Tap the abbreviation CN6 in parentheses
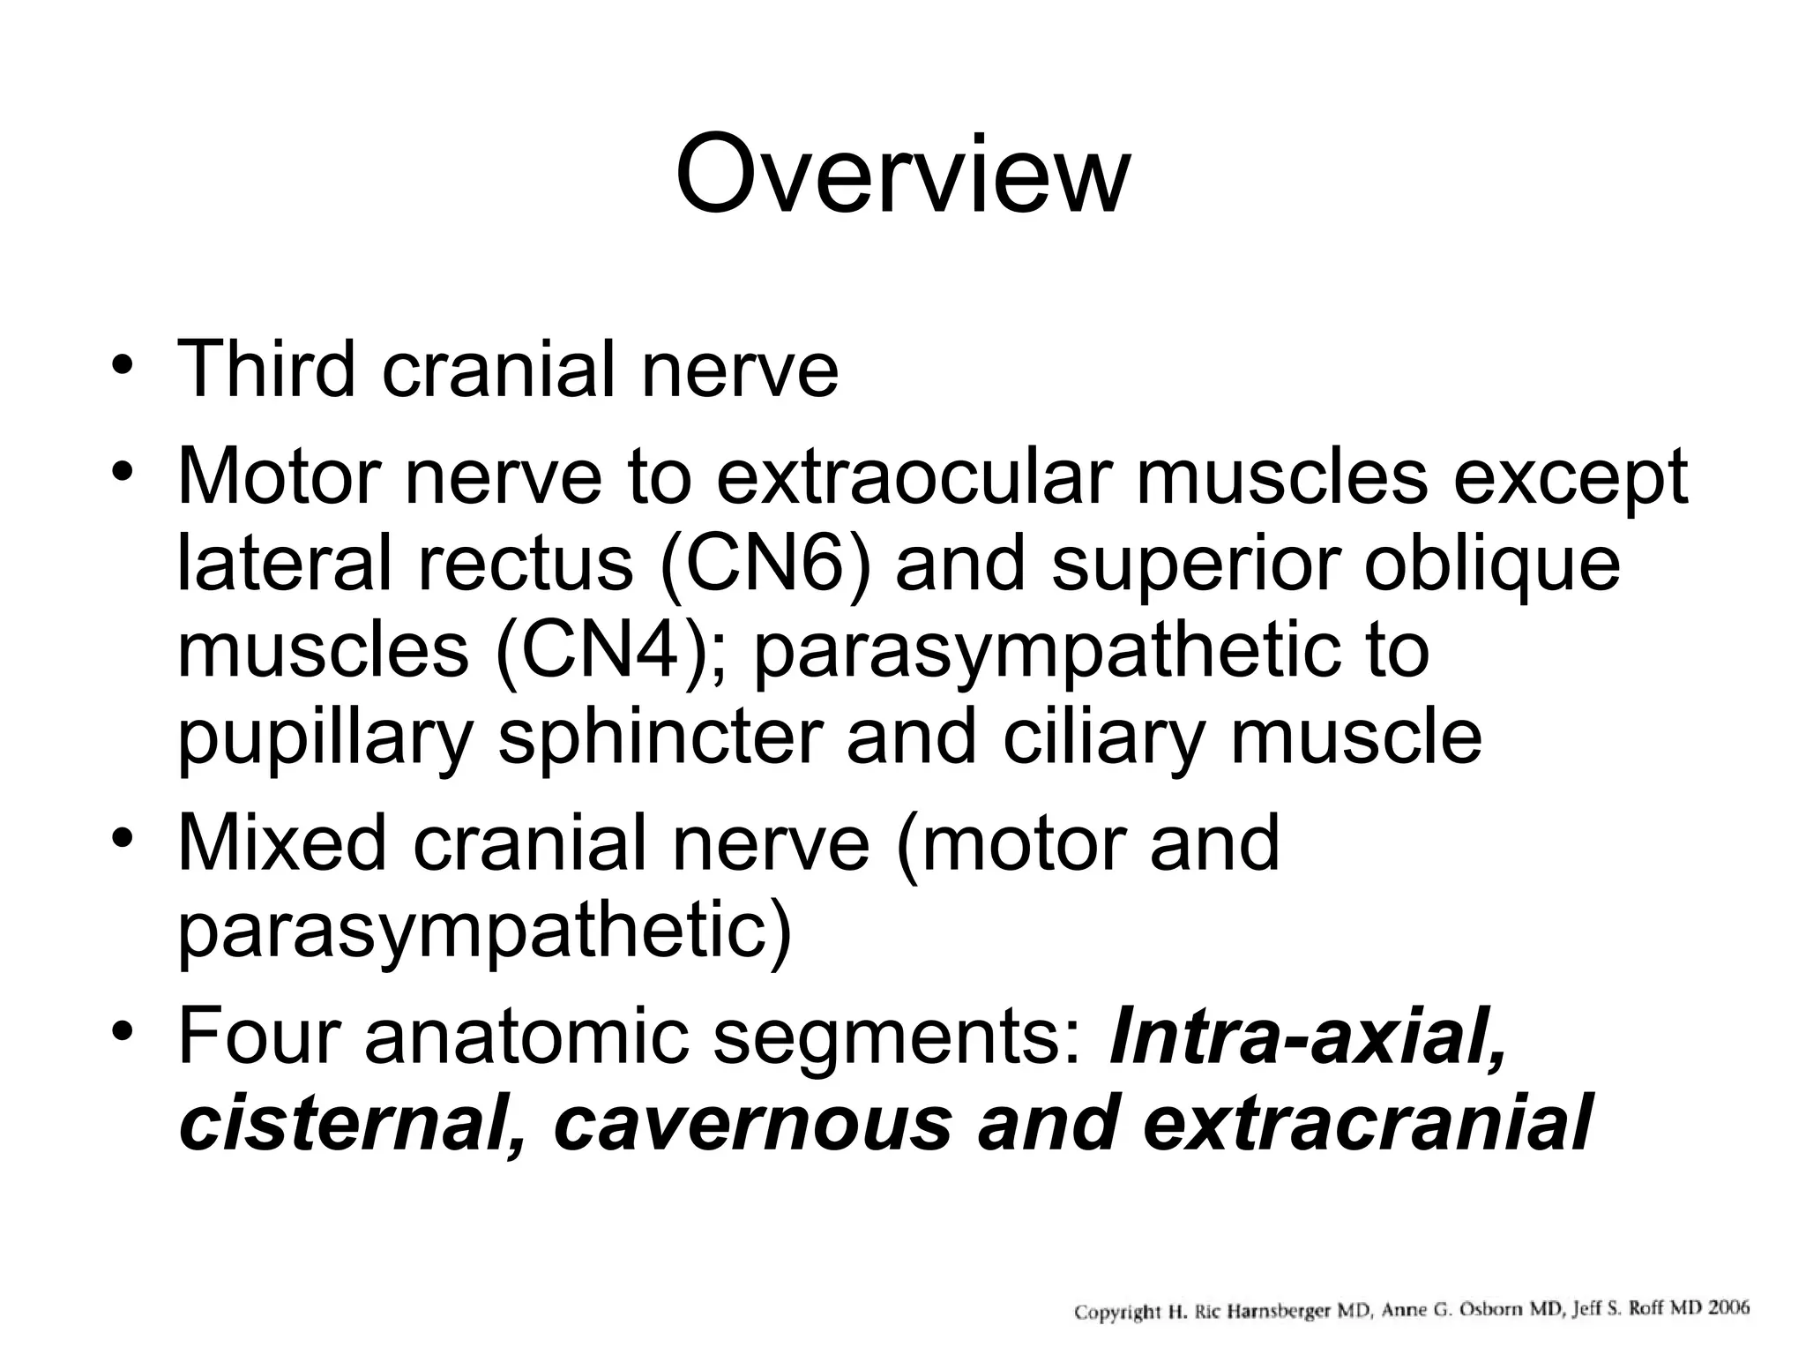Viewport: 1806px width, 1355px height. (x=765, y=564)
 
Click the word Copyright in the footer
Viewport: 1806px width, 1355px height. (x=1116, y=1313)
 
